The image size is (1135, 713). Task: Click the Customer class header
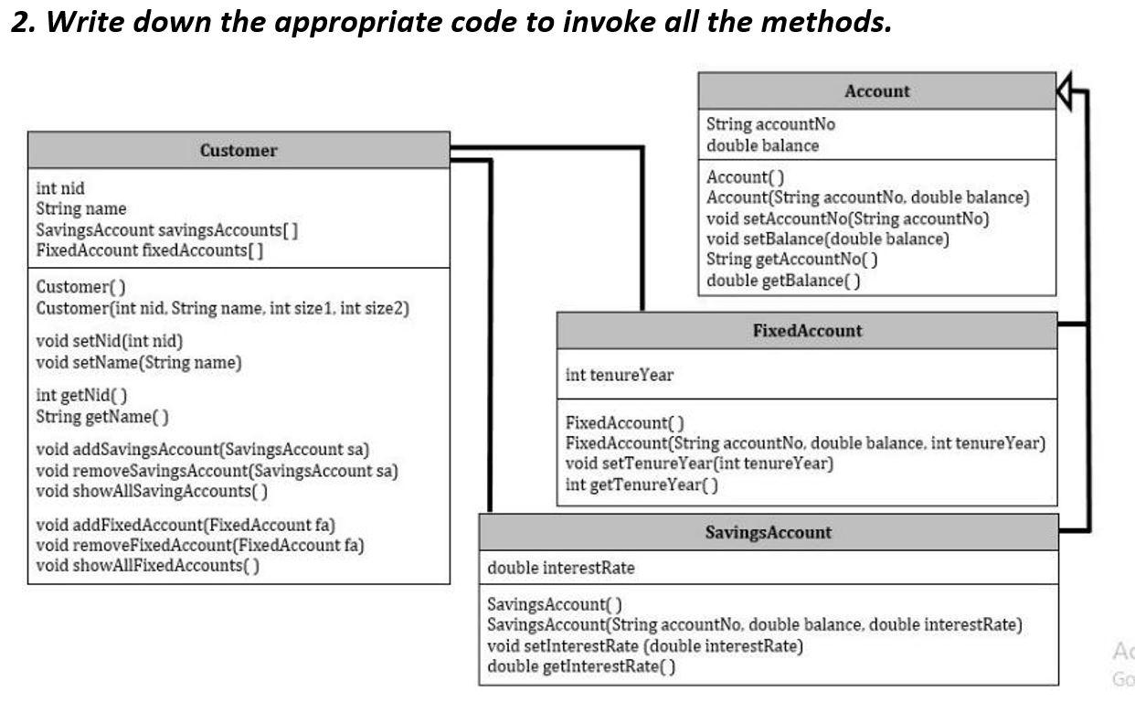pos(239,151)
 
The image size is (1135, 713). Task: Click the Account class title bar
pos(876,91)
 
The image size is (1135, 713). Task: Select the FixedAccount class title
pos(806,331)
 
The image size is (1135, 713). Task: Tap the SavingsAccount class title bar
pos(769,532)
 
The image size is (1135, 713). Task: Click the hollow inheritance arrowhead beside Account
pos(1065,91)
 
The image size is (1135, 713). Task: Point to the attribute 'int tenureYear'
pos(620,375)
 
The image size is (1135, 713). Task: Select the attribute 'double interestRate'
pos(561,568)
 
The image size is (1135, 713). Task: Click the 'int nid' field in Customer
pos(60,188)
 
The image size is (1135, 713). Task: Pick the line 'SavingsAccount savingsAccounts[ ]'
pos(166,229)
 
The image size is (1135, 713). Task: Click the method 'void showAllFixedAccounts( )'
pos(147,565)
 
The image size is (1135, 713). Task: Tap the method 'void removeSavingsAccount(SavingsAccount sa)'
pos(217,472)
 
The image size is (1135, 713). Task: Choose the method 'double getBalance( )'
pos(783,280)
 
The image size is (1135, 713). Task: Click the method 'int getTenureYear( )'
pos(642,484)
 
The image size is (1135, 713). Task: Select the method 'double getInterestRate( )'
pos(581,666)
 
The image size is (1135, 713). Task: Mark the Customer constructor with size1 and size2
pos(222,308)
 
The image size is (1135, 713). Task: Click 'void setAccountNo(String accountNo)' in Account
pos(847,218)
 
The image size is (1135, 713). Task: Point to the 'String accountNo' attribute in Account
pos(770,124)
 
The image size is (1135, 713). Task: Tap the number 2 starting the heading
pos(20,21)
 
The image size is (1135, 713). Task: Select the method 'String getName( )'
pos(101,417)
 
